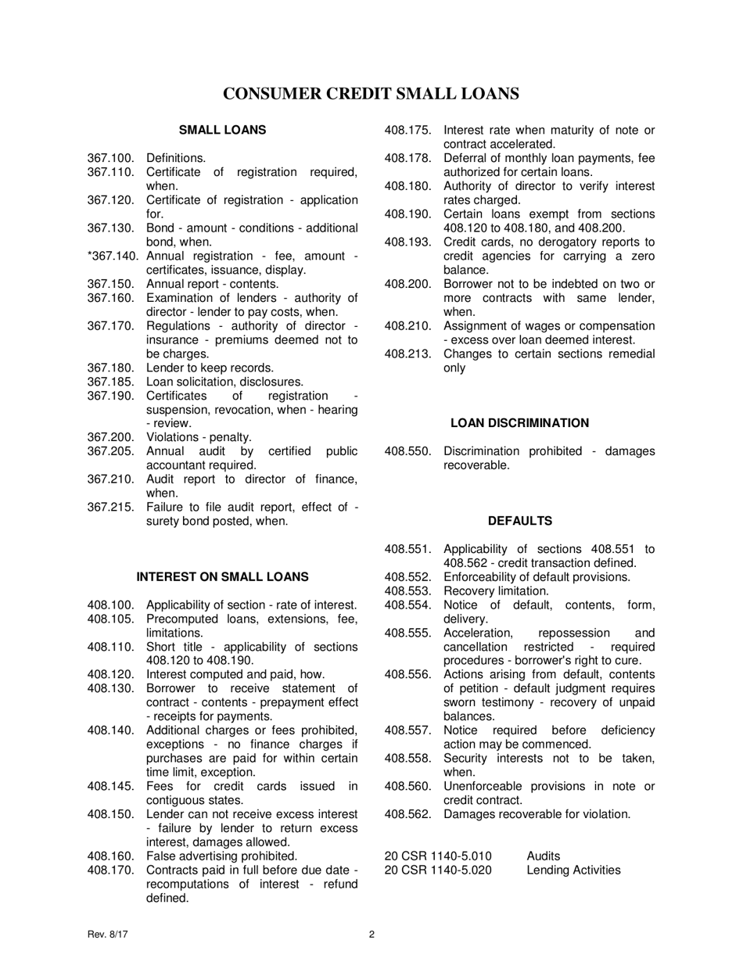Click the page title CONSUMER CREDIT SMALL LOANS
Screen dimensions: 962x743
point(371,94)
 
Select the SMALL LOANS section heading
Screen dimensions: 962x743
point(222,130)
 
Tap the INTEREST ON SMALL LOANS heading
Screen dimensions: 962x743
point(222,577)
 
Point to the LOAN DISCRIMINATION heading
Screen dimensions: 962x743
point(519,423)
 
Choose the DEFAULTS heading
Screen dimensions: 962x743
point(519,521)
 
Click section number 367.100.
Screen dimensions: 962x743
point(111,158)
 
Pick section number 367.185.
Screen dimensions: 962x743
point(111,382)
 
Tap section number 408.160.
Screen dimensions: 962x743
point(111,856)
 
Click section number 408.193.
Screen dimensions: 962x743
point(408,242)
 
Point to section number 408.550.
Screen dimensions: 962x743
point(408,451)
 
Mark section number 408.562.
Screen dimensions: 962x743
point(408,814)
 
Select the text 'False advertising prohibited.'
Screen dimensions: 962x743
point(222,856)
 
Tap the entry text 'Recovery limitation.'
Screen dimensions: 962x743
point(496,591)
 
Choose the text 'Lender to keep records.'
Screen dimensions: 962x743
point(210,368)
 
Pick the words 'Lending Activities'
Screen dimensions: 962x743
point(573,870)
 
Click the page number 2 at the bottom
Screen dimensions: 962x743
point(371,934)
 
